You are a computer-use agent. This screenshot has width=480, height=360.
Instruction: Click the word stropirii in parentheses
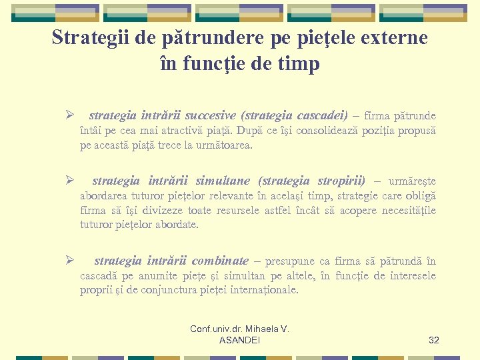point(341,181)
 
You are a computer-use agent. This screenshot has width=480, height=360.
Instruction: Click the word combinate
point(219,261)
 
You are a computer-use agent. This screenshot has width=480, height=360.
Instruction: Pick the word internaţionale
point(263,290)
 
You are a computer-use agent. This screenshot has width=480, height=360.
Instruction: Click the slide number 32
point(433,340)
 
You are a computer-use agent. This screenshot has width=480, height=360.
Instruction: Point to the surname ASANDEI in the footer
point(239,341)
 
